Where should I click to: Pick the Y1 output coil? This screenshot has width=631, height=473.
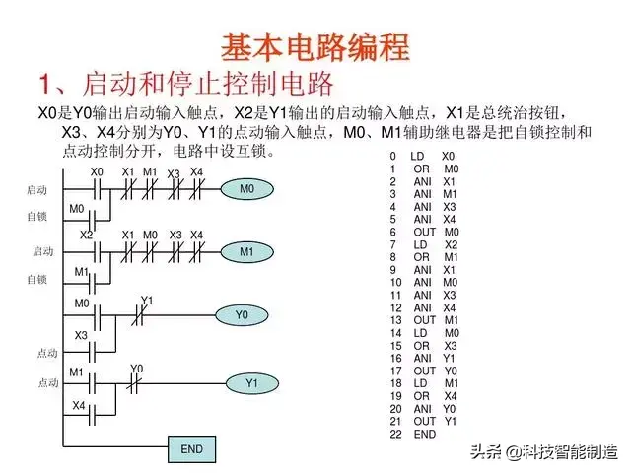tap(250, 381)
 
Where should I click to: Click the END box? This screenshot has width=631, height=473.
tap(191, 449)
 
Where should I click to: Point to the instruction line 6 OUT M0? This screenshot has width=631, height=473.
tap(424, 233)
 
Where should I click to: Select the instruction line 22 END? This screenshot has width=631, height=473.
tap(414, 434)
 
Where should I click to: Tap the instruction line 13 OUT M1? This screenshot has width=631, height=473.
tap(424, 320)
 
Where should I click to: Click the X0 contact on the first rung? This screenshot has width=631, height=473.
tap(96, 188)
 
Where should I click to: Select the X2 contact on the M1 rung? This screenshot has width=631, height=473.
tap(92, 250)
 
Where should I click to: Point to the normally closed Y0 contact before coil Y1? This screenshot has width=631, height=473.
tap(136, 381)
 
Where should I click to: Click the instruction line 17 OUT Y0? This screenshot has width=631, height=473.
tap(424, 371)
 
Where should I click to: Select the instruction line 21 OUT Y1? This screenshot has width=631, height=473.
tap(424, 421)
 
